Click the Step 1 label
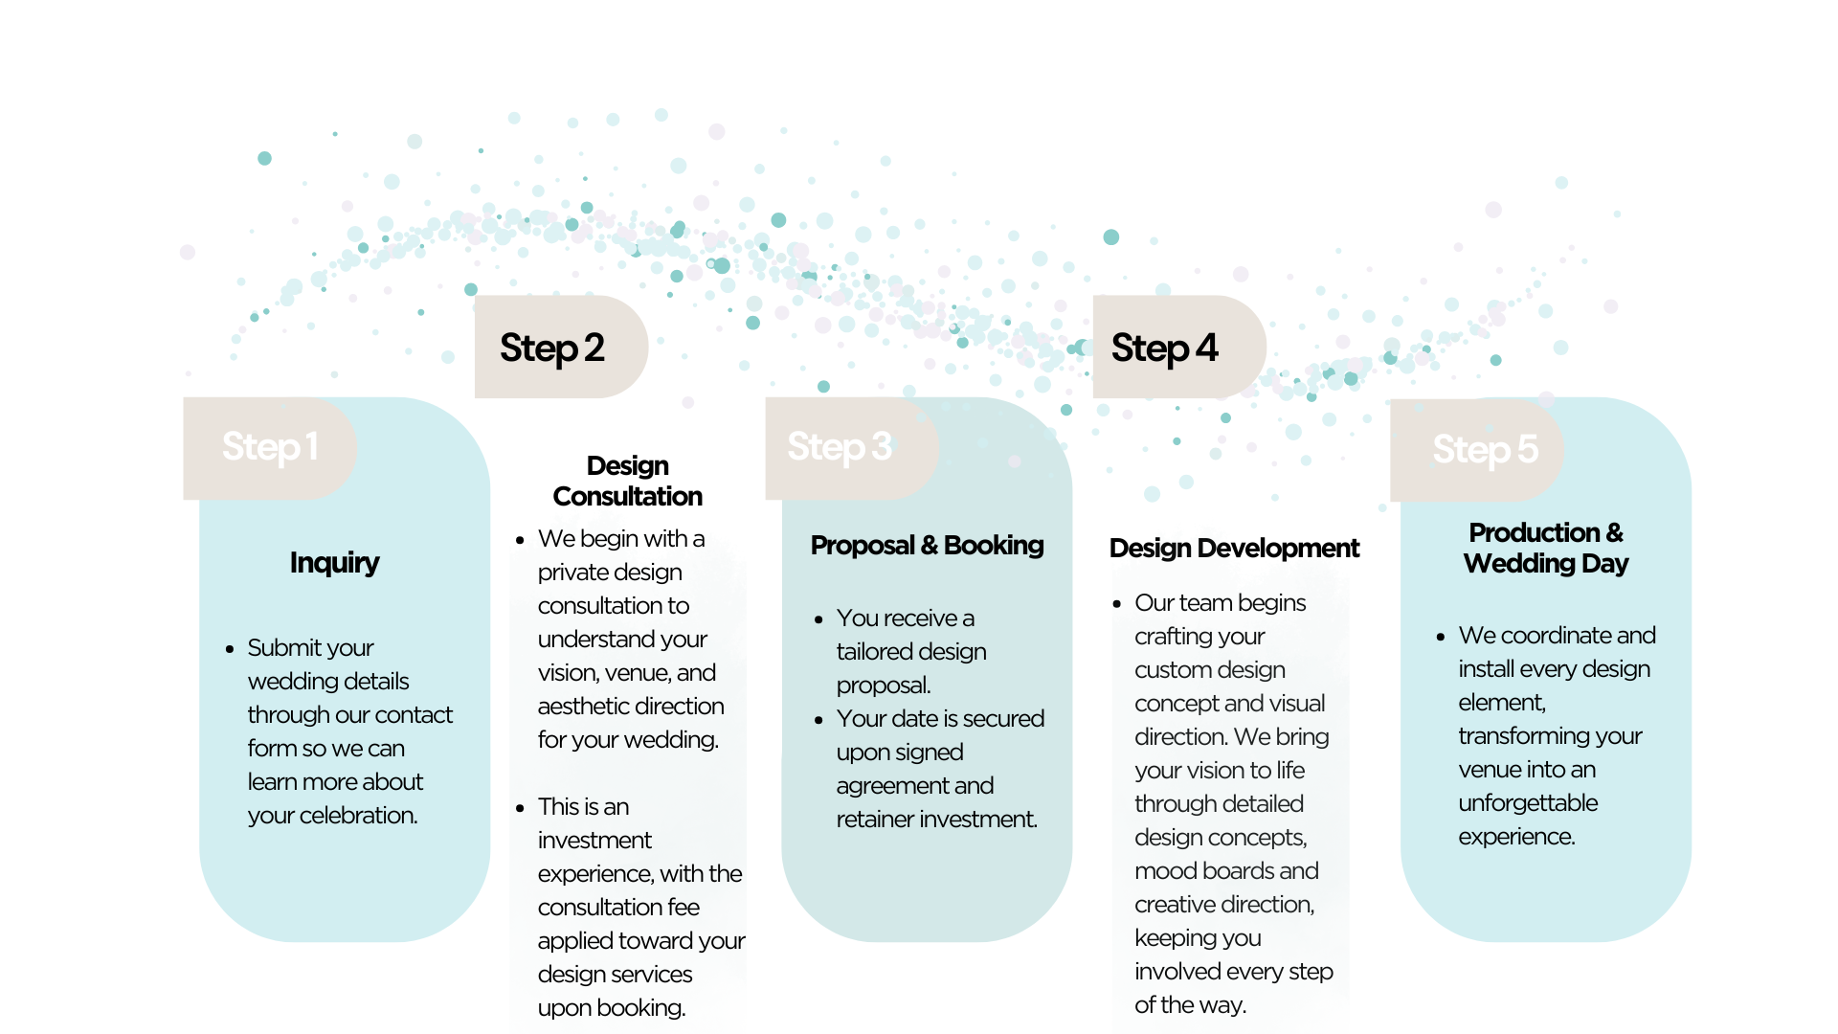point(270,447)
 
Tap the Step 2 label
point(552,348)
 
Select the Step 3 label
point(840,447)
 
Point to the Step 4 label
point(1164,348)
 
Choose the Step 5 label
point(1485,449)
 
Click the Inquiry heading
point(334,562)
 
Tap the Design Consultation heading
point(627,481)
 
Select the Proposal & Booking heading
point(927,546)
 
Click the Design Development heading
point(1234,549)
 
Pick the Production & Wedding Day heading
point(1545,548)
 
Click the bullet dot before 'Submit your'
point(230,649)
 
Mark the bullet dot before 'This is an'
point(520,808)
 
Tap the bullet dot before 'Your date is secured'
point(818,720)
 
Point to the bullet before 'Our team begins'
point(1117,604)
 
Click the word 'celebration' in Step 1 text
point(357,816)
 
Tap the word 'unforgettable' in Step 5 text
point(1528,803)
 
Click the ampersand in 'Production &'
point(1614,532)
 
